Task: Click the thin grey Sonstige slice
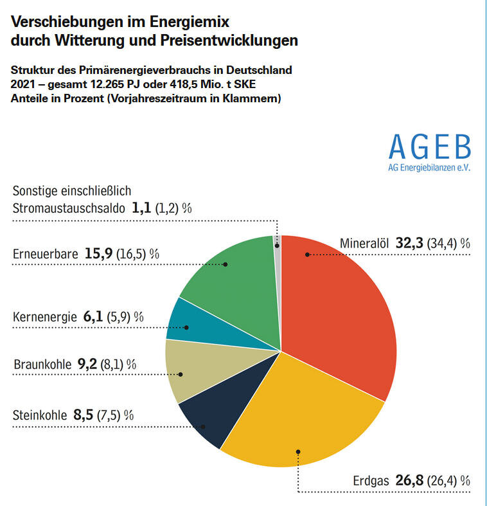click(x=278, y=242)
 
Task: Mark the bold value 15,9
click(x=97, y=253)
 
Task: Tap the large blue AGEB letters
click(x=429, y=148)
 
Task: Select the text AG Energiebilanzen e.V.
click(x=429, y=168)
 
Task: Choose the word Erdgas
click(x=371, y=481)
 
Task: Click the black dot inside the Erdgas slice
click(x=298, y=452)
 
